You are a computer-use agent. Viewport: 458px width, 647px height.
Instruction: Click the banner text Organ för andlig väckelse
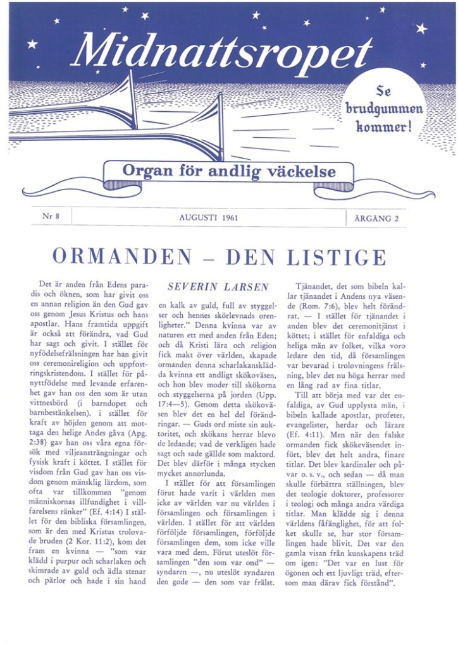click(x=228, y=171)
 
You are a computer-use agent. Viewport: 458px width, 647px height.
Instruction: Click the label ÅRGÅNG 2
click(x=375, y=217)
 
